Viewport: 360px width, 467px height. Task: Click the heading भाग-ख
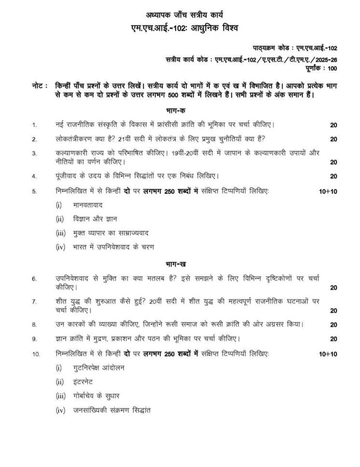click(x=179, y=264)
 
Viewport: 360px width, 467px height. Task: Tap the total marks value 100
click(x=332, y=68)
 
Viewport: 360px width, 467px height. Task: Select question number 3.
click(x=34, y=153)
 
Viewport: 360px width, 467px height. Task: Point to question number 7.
click(x=34, y=302)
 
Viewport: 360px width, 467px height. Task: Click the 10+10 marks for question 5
click(x=328, y=192)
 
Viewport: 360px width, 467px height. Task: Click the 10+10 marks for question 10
click(x=328, y=354)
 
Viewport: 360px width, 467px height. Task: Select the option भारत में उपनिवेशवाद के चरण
click(x=113, y=247)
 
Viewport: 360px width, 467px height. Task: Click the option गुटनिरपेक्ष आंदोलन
click(x=98, y=368)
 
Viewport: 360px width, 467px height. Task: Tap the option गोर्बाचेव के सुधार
click(x=97, y=396)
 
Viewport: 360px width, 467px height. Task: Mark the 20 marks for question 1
click(x=333, y=125)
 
